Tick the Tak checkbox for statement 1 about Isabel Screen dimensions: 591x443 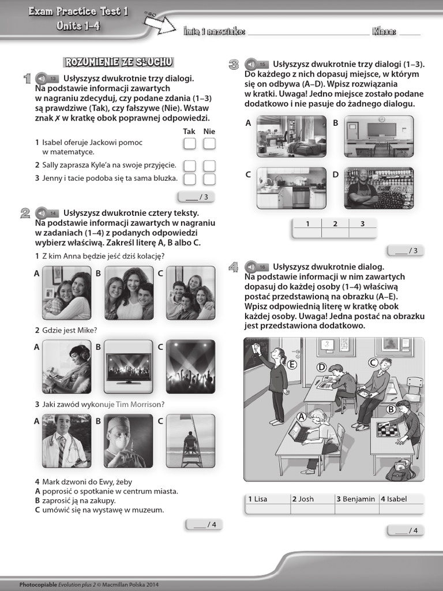(x=190, y=144)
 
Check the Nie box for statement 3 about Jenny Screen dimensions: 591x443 (x=209, y=179)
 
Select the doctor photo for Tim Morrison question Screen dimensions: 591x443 (x=66, y=441)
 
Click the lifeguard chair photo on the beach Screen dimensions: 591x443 (x=190, y=441)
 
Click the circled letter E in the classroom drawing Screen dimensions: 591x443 (x=292, y=365)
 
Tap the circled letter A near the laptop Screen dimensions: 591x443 (x=301, y=416)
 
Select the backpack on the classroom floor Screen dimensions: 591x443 (x=400, y=470)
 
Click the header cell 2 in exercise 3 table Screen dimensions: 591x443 (x=335, y=224)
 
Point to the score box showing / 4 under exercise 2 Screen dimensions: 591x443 (x=204, y=525)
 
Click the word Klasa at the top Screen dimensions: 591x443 (x=384, y=31)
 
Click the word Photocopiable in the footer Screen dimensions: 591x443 (x=37, y=584)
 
